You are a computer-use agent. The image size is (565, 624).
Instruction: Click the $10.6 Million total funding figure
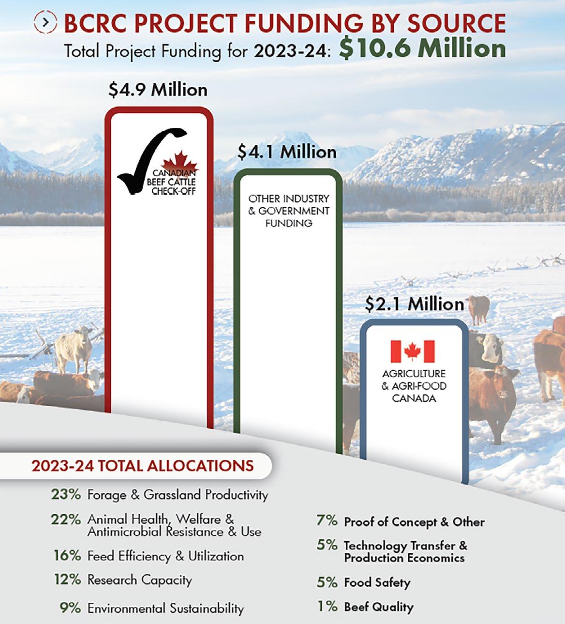[x=422, y=48]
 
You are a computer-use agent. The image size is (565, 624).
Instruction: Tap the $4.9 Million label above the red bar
[x=158, y=90]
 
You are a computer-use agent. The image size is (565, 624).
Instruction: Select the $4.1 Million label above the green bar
[x=287, y=152]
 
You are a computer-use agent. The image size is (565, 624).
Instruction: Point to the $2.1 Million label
[x=415, y=304]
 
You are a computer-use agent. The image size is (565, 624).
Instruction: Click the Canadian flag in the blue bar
[x=413, y=351]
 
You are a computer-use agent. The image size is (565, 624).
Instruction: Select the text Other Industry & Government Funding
[x=289, y=211]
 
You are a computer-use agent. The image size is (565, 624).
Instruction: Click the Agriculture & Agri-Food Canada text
[x=414, y=386]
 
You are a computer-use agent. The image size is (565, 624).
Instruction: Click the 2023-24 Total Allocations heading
[x=142, y=466]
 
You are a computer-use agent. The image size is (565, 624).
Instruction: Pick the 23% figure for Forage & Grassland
[x=66, y=494]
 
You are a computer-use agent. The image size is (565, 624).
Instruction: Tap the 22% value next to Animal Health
[x=66, y=519]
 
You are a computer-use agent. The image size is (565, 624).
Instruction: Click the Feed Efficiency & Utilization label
[x=165, y=556]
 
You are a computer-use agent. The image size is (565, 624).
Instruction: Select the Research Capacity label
[x=139, y=579]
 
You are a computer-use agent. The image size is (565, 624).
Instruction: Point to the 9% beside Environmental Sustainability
[x=70, y=608]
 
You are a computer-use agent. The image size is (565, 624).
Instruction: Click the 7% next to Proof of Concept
[x=327, y=521]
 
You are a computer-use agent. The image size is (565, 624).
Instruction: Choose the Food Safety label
[x=377, y=582]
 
